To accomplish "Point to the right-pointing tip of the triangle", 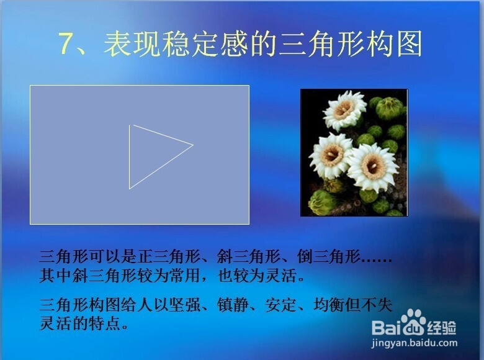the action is coord(193,145).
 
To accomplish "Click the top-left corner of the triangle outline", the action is coord(129,125).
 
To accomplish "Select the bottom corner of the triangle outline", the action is coord(129,189).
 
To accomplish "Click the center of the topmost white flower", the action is coord(344,109).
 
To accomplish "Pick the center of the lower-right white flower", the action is coord(372,167).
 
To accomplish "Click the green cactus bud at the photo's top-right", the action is coord(390,108).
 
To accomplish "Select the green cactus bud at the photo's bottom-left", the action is coord(322,202).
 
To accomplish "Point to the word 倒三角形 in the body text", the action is coord(329,256).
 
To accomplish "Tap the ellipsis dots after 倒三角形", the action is coord(377,260).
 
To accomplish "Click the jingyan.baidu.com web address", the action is coord(415,343).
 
